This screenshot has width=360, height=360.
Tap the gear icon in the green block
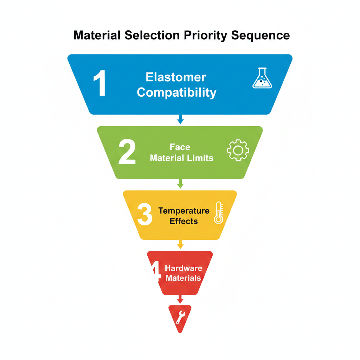point(238,150)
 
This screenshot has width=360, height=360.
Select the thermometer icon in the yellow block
point(218,213)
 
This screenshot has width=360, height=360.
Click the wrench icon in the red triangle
point(180,317)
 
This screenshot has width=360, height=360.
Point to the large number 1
point(100,84)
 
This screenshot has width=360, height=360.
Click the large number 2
point(127,152)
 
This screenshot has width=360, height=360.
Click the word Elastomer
point(176,77)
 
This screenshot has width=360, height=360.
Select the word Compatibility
point(176,92)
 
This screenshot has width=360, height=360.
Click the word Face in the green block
point(180,147)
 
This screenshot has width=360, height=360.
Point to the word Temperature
point(184,211)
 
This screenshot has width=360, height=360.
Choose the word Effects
point(184,221)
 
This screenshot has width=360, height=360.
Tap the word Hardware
point(184,268)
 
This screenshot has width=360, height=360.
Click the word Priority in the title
point(207,36)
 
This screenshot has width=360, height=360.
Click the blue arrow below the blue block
point(180,119)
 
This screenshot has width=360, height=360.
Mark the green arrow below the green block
point(180,184)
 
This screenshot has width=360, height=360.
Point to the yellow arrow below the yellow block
point(180,244)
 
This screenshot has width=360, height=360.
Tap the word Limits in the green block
point(202,158)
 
